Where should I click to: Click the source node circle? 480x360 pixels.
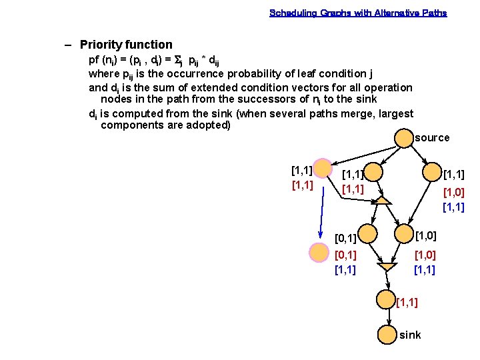404,138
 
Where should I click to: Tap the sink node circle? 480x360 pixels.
387,334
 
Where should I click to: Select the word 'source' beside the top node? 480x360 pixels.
432,138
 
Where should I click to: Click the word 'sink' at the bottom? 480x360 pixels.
410,335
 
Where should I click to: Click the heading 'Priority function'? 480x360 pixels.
126,45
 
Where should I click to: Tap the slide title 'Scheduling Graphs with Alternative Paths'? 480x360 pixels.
358,13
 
